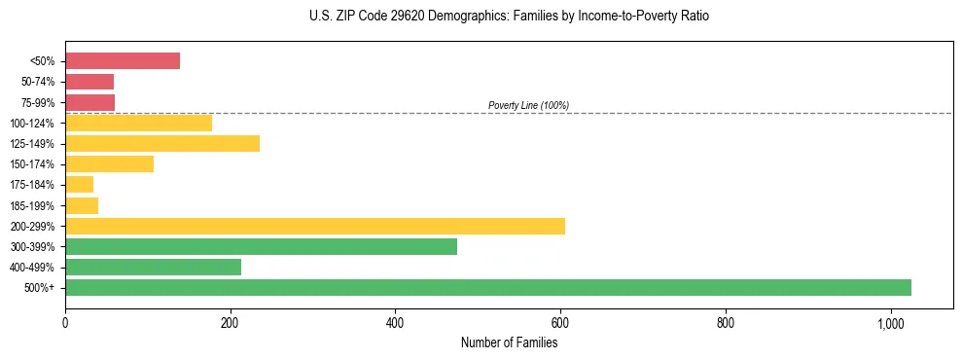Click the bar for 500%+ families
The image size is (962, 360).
click(487, 288)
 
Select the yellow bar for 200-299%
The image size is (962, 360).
click(314, 227)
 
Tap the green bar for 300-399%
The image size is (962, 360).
click(261, 247)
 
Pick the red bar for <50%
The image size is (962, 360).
click(123, 61)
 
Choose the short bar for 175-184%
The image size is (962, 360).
click(79, 185)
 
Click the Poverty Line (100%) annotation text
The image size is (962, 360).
click(528, 105)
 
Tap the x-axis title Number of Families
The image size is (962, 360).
click(509, 342)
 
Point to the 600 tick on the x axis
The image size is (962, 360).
click(560, 324)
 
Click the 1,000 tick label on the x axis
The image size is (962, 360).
click(891, 324)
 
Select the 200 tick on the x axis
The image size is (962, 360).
click(230, 324)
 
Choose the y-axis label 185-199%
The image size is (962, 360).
click(34, 206)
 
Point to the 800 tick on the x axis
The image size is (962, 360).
click(726, 324)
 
